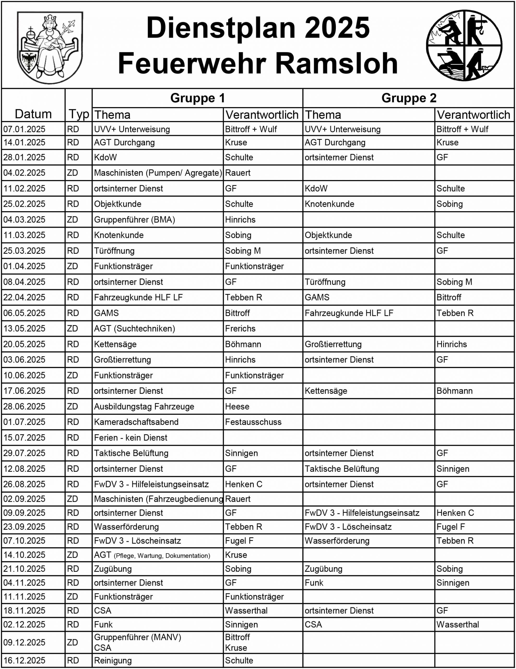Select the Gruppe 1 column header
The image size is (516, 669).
pos(197,98)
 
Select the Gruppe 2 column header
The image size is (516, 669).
pos(409,98)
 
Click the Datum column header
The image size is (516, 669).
pos(33,114)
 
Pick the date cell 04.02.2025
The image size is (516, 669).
pos(24,173)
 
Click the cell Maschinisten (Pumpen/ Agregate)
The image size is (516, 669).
pos(158,173)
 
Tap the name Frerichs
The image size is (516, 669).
pos(240,328)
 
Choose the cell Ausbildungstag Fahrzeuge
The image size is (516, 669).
pos(144,406)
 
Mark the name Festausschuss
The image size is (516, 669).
pos(253,422)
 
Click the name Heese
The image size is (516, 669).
pos(237,406)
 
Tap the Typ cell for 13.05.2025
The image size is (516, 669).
pos(73,328)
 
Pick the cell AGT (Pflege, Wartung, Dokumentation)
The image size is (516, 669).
pos(152,555)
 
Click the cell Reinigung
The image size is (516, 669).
pos(112,661)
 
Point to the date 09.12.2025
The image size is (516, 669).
pos(24,642)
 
